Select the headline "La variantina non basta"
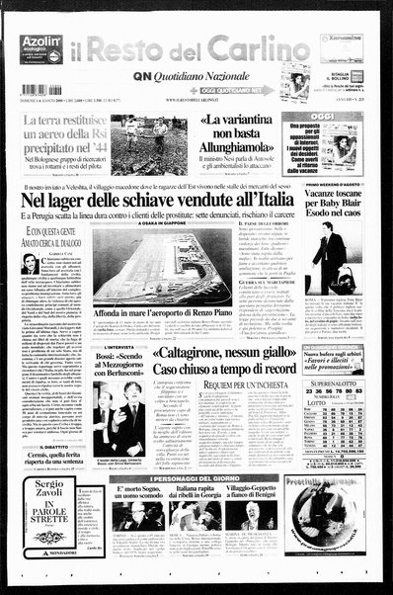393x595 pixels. click(x=226, y=130)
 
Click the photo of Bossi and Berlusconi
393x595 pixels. click(x=118, y=434)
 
